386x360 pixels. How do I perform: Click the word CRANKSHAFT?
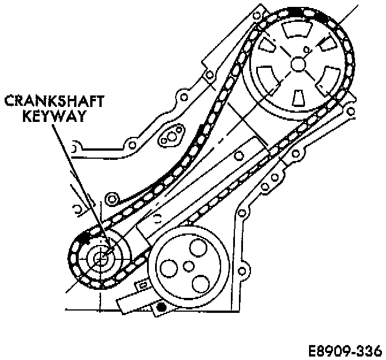(x=55, y=102)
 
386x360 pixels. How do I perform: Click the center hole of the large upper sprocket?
(x=299, y=64)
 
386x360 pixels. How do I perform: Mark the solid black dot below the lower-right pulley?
(x=162, y=309)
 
